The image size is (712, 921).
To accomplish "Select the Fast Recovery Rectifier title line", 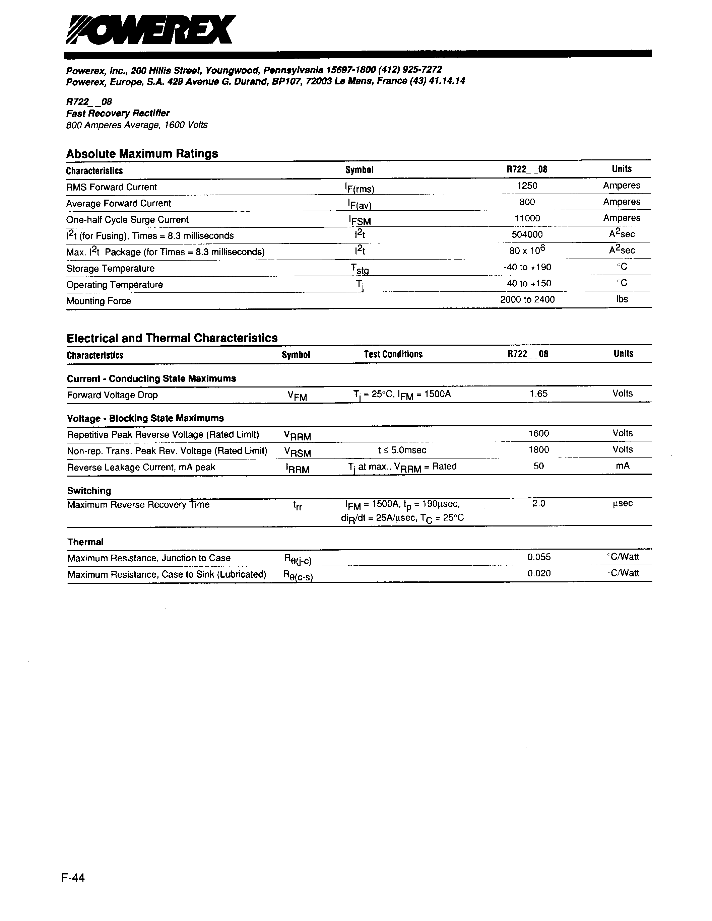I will pos(118,113).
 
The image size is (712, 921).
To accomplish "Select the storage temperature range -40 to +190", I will pos(527,267).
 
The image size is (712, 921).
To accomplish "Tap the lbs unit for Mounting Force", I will pos(622,299).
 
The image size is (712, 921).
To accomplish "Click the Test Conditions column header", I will pos(393,354).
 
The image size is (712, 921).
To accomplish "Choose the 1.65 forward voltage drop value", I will pos(539,394).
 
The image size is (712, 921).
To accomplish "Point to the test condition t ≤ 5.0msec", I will pos(402,450).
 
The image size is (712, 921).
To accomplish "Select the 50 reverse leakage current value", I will pos(539,466).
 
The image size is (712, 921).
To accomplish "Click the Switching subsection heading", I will pos(89,490).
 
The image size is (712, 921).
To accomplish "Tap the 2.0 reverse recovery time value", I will pos(539,503).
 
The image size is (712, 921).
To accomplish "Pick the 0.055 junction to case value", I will pos(539,557).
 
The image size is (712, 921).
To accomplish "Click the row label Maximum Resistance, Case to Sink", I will pos(167,574).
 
